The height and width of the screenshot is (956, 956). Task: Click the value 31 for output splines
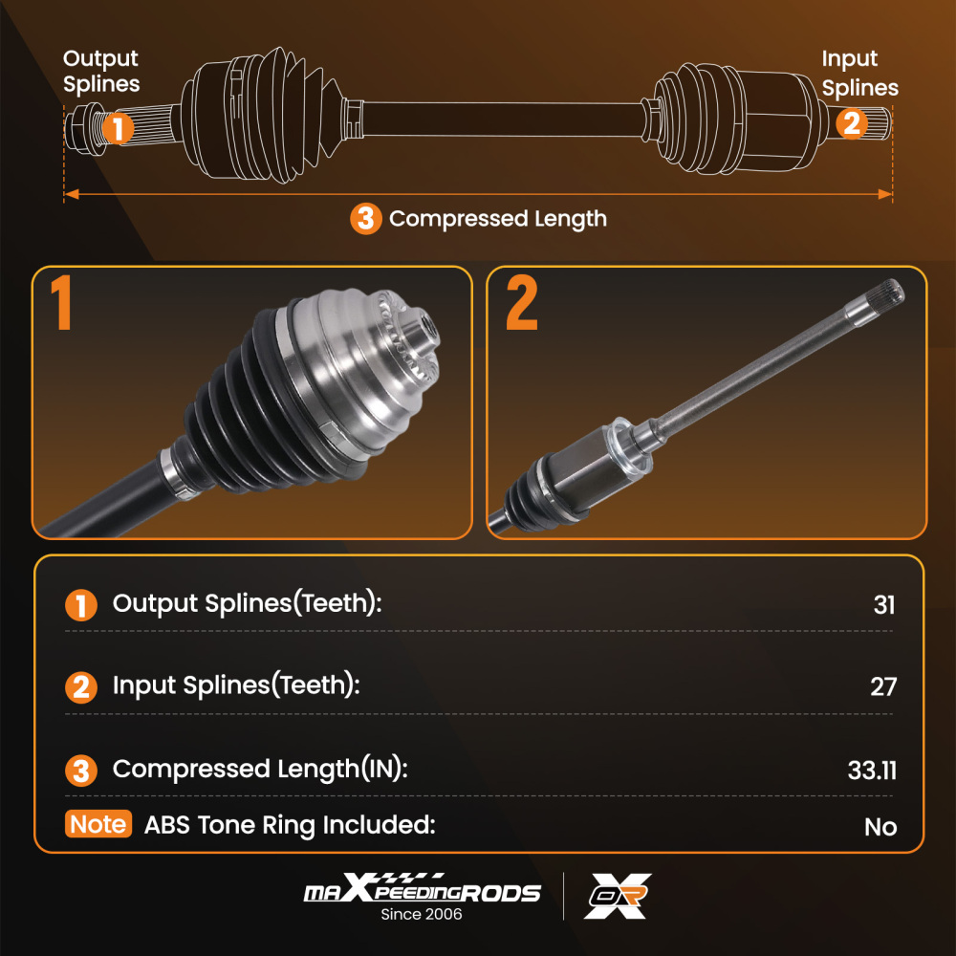coord(884,605)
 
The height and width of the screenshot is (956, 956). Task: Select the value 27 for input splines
coord(883,687)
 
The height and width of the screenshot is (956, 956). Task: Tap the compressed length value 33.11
coord(872,770)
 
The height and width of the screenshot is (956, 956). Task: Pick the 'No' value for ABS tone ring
coord(880,827)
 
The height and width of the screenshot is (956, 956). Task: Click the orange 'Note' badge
coord(98,824)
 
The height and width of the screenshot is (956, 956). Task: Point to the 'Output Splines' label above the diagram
coord(101,72)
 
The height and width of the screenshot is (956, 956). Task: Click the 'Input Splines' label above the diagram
coord(859,74)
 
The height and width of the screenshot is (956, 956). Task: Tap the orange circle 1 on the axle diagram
coord(118,128)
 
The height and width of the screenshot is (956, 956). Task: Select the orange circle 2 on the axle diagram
coord(851,123)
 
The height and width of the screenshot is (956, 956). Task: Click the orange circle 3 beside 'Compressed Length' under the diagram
coord(366,218)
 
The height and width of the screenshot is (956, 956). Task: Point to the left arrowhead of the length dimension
coord(72,194)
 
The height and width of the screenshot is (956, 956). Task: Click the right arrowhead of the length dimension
coord(884,194)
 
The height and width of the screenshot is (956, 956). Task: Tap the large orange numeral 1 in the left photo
coord(61,302)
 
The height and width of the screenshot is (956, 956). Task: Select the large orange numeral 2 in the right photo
coord(522,302)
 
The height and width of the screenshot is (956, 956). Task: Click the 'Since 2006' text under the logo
coord(422,914)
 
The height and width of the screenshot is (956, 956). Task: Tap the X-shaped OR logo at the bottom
coord(618,896)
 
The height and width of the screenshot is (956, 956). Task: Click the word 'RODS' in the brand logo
coord(501,893)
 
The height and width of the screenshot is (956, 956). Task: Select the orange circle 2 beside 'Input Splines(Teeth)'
coord(81,687)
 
